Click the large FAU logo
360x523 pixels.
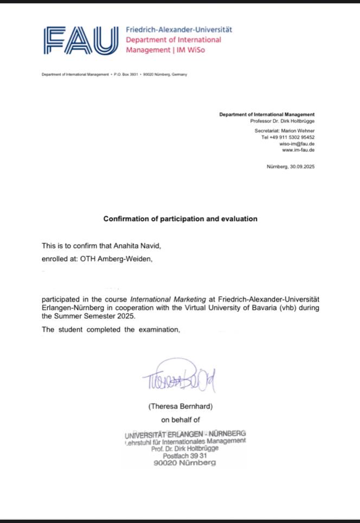pyautogui.click(x=80, y=41)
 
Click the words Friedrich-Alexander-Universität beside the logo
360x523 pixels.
pyautogui.click(x=178, y=30)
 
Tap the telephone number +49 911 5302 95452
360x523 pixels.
pyautogui.click(x=292, y=137)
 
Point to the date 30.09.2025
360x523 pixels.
pyautogui.click(x=301, y=167)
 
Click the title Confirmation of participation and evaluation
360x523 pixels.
pyautogui.click(x=181, y=219)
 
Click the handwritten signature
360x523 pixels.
pyautogui.click(x=179, y=378)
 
